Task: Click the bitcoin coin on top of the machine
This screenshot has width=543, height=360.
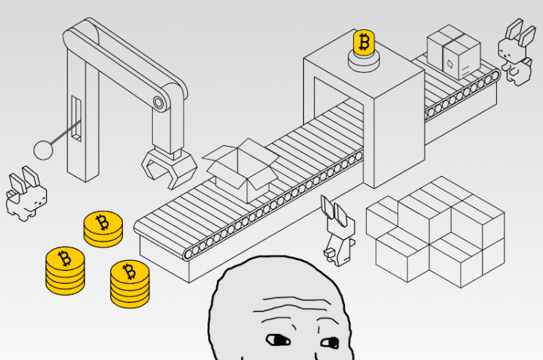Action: tap(363, 43)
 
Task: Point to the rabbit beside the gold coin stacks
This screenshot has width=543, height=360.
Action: tap(26, 194)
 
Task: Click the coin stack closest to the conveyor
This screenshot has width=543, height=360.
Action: tap(102, 229)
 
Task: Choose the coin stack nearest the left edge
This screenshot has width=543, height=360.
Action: tap(64, 269)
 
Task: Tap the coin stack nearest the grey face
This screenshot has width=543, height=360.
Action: tap(129, 283)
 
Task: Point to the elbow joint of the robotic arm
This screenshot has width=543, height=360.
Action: tap(159, 102)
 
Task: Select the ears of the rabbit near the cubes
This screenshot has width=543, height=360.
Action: tap(332, 210)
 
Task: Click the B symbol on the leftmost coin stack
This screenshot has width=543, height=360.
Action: tap(64, 258)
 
